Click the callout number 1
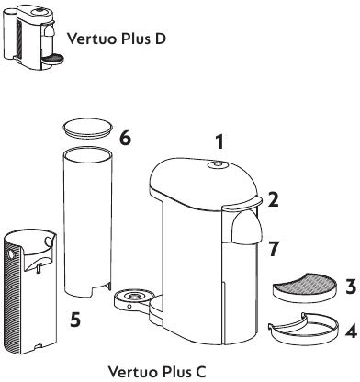click(219, 142)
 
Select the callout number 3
click(350, 286)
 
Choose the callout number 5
click(77, 321)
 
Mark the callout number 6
click(125, 137)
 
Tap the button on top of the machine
click(217, 166)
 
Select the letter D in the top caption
click(174, 40)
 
